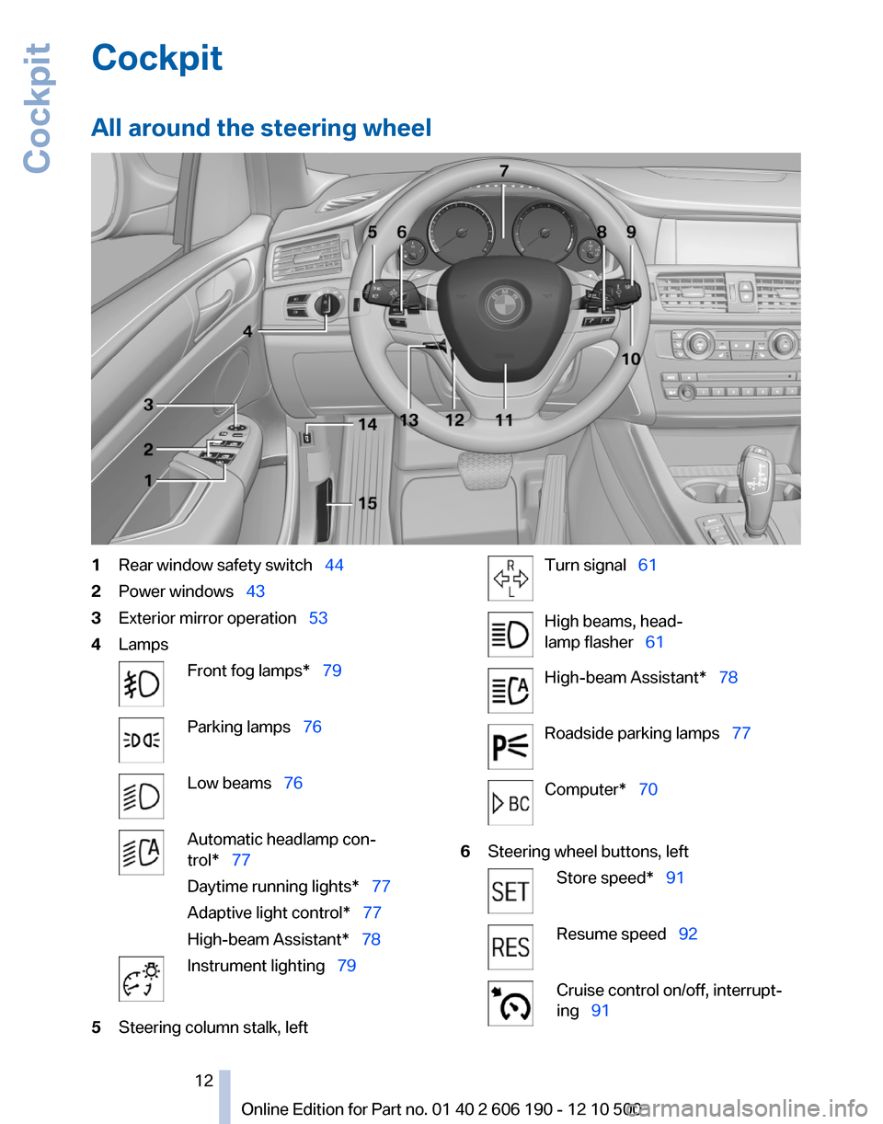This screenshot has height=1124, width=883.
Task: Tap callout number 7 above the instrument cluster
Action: click(504, 171)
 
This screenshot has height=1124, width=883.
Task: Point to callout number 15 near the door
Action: click(367, 503)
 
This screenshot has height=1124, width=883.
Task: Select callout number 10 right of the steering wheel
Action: click(631, 360)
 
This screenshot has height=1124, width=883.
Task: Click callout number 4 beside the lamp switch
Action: click(248, 332)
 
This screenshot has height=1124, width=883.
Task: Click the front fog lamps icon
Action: click(141, 683)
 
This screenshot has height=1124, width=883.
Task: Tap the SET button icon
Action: click(510, 890)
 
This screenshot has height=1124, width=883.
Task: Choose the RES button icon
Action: click(510, 946)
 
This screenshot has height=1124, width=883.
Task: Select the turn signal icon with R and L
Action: click(510, 578)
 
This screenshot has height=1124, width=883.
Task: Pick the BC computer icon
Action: click(510, 802)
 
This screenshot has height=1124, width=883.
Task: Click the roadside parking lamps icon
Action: click(510, 746)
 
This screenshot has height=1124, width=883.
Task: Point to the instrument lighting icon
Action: click(141, 978)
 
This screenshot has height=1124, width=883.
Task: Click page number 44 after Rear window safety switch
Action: click(334, 565)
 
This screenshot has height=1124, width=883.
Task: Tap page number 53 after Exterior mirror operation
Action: click(318, 618)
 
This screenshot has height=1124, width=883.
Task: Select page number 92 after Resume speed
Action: click(688, 934)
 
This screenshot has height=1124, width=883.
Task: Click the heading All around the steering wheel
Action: click(261, 127)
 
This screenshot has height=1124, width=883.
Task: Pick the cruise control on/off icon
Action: click(510, 1003)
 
